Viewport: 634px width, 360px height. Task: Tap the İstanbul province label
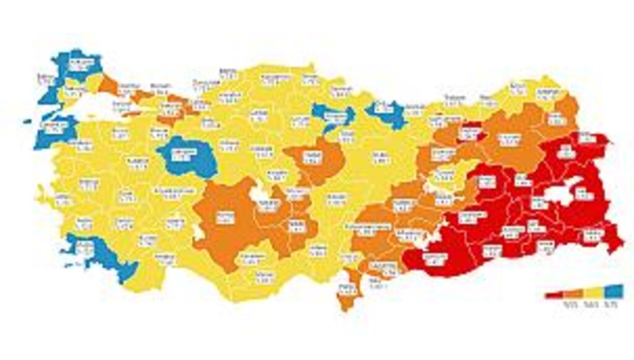pos(126,89)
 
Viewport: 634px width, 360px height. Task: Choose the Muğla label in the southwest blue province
pos(87,248)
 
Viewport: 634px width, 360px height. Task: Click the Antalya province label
pos(165,258)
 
